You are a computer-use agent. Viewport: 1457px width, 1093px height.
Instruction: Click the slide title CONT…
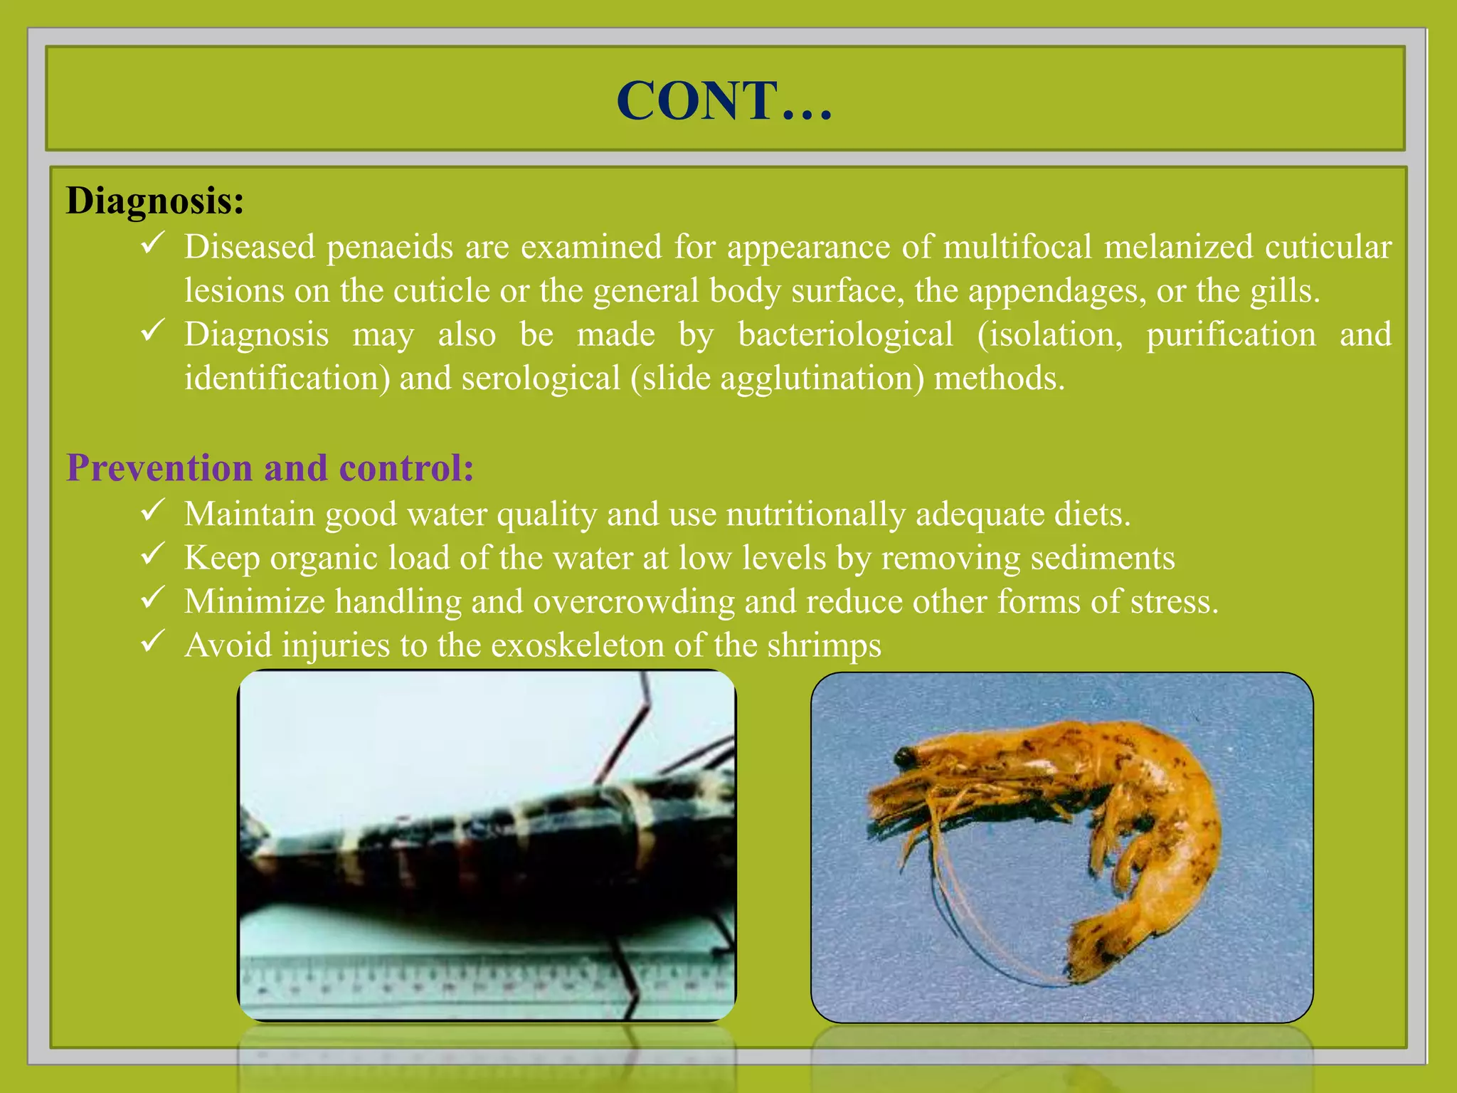[x=724, y=100]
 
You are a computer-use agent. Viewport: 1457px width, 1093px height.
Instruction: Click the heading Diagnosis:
[x=155, y=201]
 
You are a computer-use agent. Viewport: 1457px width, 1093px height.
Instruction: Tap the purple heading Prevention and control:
[x=270, y=468]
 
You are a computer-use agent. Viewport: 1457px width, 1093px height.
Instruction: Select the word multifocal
[x=1017, y=247]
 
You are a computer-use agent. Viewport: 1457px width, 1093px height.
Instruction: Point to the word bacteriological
[x=845, y=334]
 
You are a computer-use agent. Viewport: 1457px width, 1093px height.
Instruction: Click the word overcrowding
[x=634, y=602]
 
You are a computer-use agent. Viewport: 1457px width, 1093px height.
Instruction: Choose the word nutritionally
[x=815, y=514]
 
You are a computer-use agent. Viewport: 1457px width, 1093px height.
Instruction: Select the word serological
[x=541, y=378]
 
